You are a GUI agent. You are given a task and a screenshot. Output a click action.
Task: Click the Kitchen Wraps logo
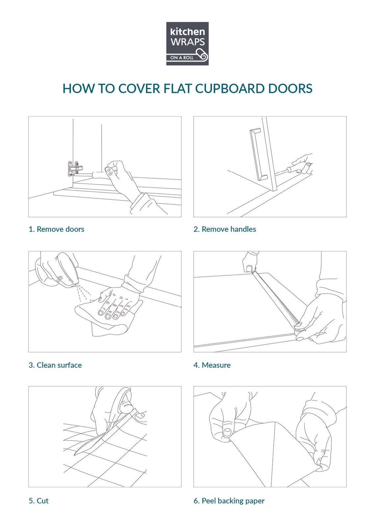click(x=187, y=43)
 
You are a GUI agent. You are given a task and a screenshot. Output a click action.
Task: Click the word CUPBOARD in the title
click(x=230, y=88)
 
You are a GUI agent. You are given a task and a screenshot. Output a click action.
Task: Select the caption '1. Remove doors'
click(x=56, y=229)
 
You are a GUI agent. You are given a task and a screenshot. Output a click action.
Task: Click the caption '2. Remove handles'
click(x=225, y=229)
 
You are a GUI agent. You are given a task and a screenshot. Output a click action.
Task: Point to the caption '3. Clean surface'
click(x=55, y=365)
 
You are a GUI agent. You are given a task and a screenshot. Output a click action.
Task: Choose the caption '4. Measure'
click(x=212, y=365)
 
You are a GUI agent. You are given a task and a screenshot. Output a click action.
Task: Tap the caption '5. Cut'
click(x=38, y=501)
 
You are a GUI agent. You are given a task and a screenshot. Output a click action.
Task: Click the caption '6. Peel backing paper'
click(x=229, y=501)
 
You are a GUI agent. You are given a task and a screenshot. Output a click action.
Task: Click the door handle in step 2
click(x=259, y=154)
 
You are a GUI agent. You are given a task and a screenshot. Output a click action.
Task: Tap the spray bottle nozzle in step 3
click(x=74, y=286)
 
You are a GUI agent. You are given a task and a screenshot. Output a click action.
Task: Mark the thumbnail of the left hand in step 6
click(x=228, y=432)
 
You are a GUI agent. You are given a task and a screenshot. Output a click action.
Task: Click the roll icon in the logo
click(x=202, y=55)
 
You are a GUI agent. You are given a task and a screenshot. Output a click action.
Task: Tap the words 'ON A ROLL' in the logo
click(x=182, y=58)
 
